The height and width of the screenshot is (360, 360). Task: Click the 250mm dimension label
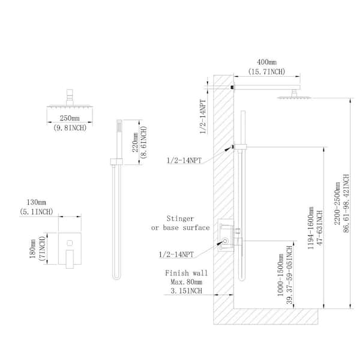point(70,118)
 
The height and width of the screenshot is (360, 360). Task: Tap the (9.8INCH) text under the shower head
point(70,128)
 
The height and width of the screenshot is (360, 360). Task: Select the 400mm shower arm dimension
point(266,62)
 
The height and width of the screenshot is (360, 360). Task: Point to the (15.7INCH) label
point(266,71)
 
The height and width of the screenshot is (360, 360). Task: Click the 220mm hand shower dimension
point(135,142)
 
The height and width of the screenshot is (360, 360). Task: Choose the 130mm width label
point(36,202)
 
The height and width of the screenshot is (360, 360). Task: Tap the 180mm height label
point(32,248)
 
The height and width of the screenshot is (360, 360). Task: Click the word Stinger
point(180,218)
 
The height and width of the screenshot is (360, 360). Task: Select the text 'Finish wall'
point(186,273)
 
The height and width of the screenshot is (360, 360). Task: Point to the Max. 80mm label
point(186,282)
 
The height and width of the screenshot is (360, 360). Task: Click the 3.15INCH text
point(186,291)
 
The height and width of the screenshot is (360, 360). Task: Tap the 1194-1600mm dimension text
point(310,228)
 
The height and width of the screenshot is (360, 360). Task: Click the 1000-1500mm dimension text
point(281,275)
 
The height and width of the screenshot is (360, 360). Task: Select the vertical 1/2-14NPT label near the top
point(203,116)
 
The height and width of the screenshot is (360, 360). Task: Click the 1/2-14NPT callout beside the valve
point(176,254)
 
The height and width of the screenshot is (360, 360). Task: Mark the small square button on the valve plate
point(70,242)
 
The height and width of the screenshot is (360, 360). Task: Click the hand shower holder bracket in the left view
point(116,161)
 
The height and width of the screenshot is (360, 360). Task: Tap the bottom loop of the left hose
point(116,277)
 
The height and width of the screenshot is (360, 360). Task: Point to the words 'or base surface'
point(181,228)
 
